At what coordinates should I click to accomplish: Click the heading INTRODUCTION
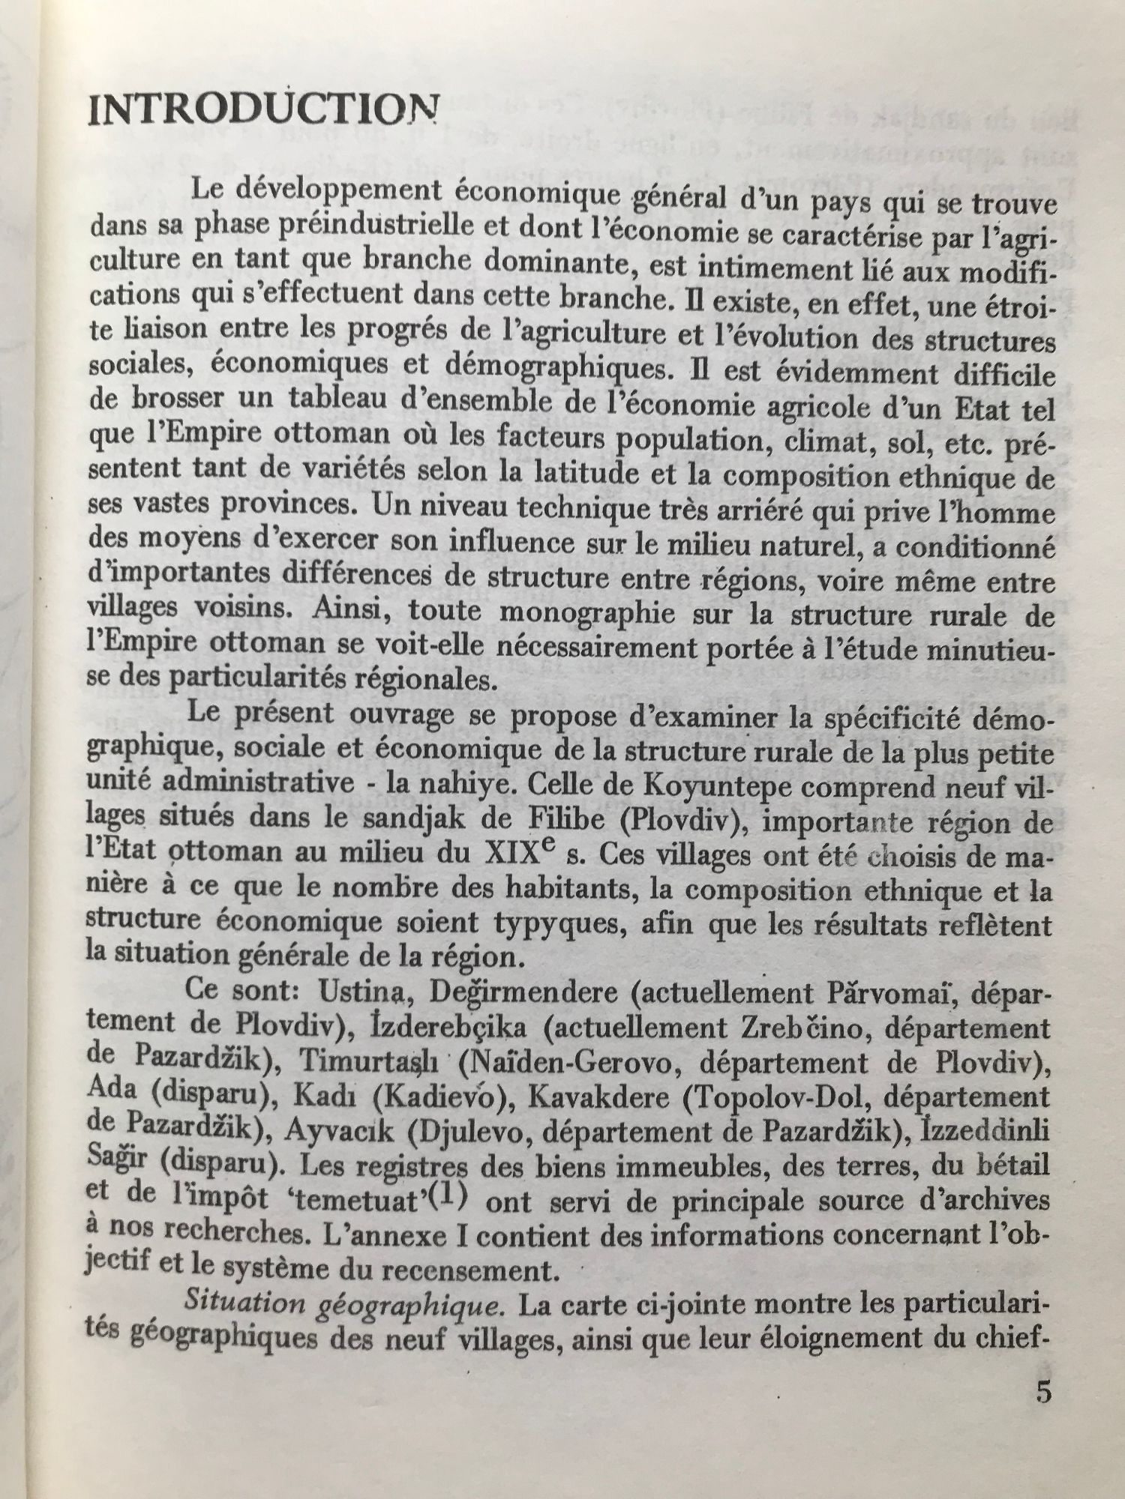262,113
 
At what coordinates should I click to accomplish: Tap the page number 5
1042,1392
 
